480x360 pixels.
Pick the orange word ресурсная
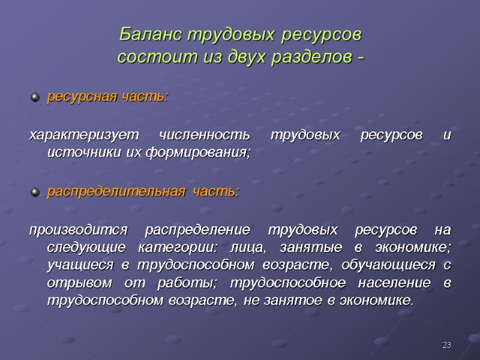coord(75,97)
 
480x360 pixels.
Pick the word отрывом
coord(74,282)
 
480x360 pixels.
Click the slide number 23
coord(446,345)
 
